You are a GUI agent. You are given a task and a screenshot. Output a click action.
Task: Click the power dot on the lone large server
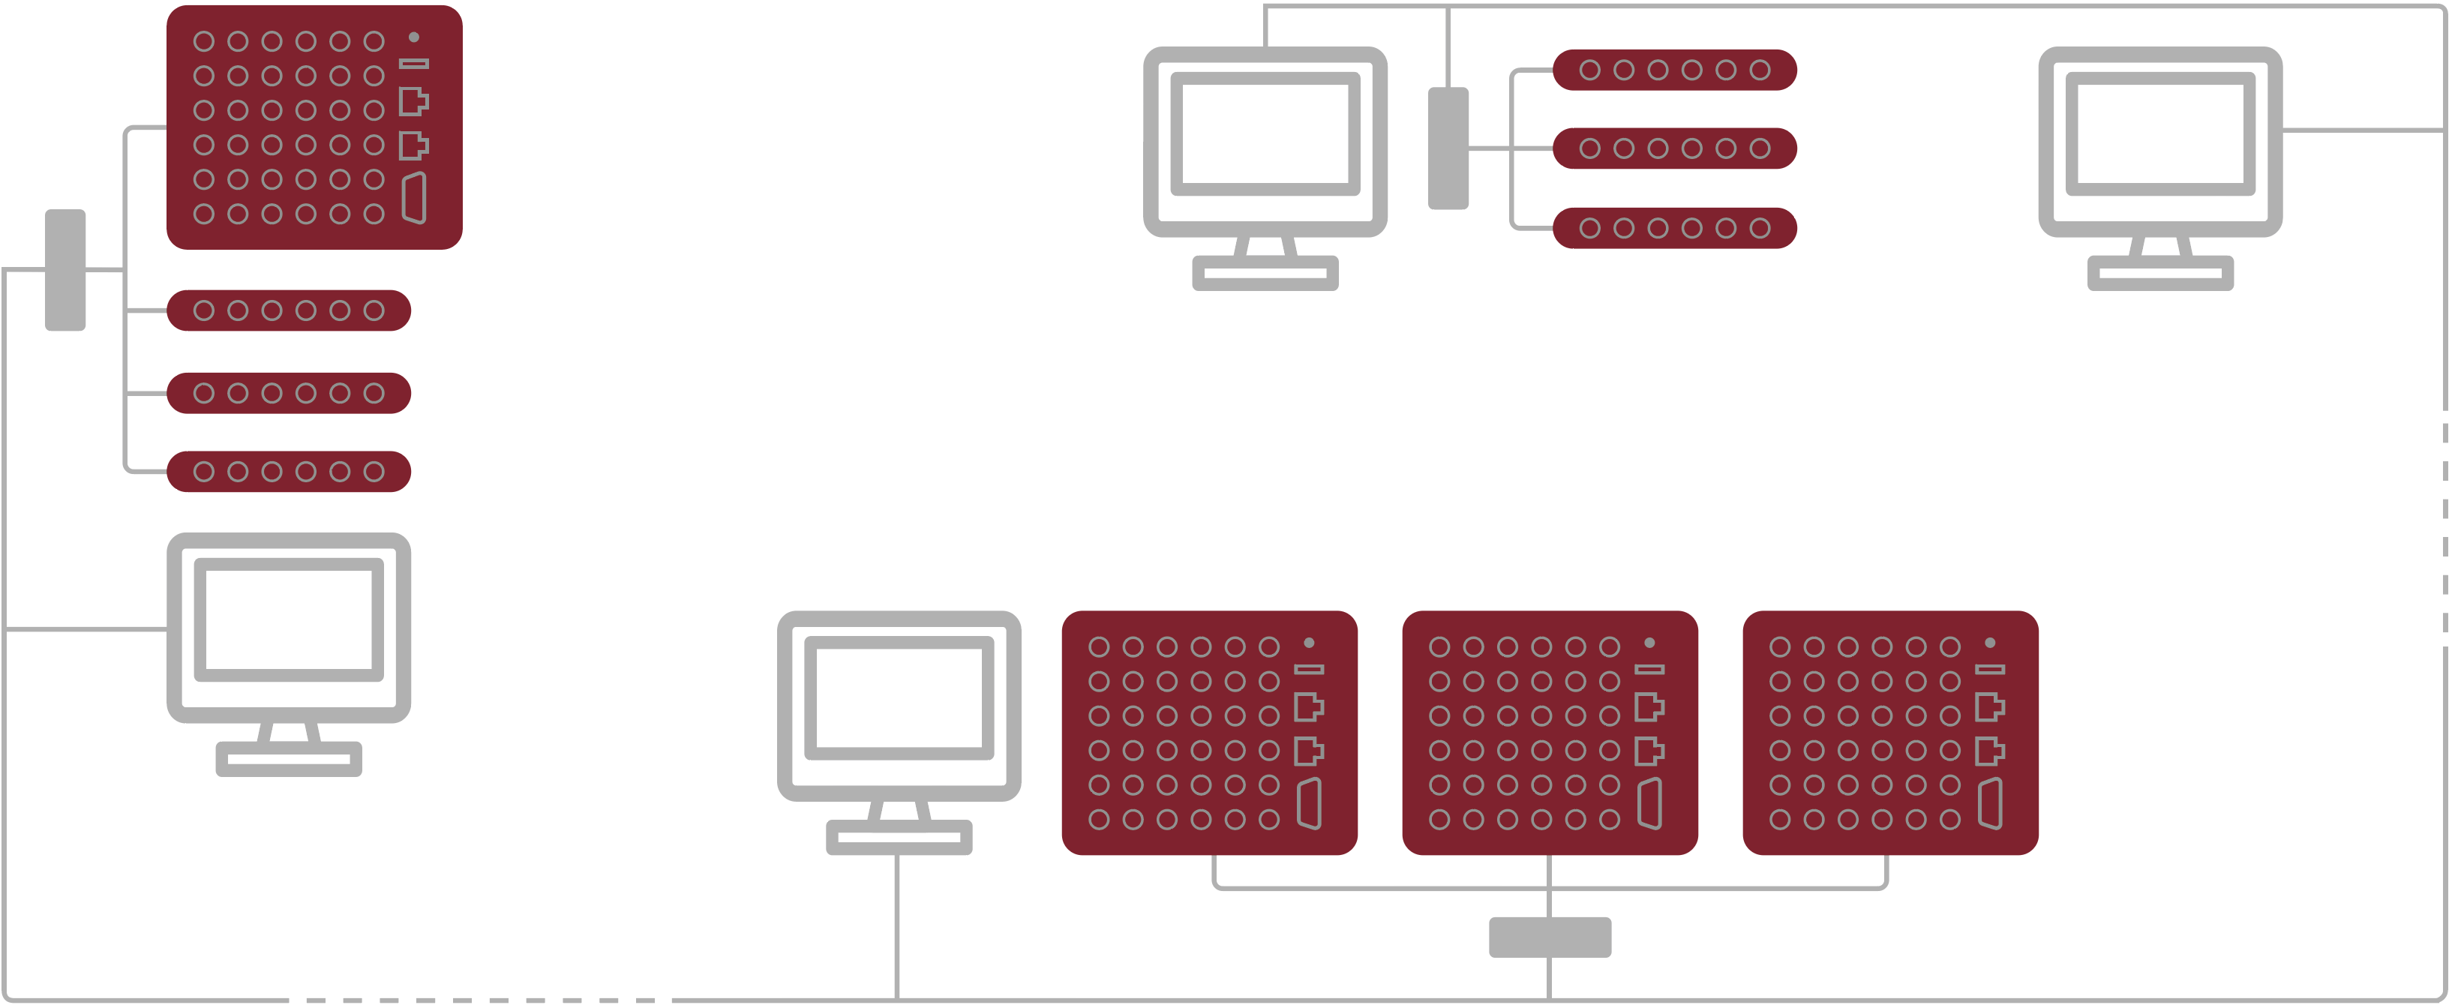click(x=413, y=37)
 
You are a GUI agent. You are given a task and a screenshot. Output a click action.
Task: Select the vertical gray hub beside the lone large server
click(x=65, y=270)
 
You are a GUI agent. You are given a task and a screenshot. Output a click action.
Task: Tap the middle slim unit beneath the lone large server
click(x=288, y=393)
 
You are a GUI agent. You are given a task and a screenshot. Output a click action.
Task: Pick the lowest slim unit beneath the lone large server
click(x=288, y=472)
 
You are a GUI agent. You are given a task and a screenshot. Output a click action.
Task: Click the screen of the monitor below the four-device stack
click(x=288, y=620)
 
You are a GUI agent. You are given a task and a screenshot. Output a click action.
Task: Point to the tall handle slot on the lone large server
click(x=413, y=198)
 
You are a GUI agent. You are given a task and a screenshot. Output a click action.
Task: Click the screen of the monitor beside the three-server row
click(x=899, y=698)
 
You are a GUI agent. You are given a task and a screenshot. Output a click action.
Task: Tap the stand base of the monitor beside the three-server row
click(x=899, y=838)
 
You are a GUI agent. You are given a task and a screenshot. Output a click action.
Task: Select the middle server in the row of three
click(x=1550, y=732)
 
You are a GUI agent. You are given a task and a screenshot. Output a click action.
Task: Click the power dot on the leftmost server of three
click(x=1309, y=643)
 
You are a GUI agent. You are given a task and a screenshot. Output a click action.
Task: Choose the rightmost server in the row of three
click(x=1890, y=732)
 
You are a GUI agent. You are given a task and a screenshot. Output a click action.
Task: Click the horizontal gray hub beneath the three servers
click(x=1550, y=937)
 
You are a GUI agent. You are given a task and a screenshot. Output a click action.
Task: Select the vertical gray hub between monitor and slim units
click(x=1448, y=148)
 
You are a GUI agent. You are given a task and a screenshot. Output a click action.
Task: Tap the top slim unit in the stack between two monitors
click(x=1674, y=70)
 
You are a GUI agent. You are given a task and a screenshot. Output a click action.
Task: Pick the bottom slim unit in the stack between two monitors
click(x=1674, y=228)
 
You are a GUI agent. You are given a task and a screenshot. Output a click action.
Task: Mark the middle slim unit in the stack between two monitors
click(x=1674, y=148)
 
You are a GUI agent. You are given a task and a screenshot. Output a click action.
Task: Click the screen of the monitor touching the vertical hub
click(x=1265, y=134)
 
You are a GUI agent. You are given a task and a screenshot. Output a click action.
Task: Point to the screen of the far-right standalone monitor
click(x=2160, y=134)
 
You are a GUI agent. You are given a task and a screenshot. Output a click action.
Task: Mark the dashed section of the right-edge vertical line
click(x=2444, y=528)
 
